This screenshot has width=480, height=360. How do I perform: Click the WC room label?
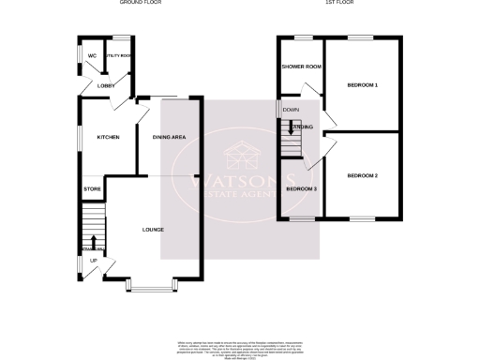92,55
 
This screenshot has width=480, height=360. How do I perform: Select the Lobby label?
105,85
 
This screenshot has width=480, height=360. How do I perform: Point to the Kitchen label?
108,138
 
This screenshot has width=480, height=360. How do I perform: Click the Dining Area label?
170,138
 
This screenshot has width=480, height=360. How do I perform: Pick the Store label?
92,189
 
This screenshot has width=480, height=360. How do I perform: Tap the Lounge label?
153,230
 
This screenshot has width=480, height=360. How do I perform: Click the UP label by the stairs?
93,261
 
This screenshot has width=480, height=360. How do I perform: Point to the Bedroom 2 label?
362,176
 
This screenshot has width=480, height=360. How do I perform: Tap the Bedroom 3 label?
301,189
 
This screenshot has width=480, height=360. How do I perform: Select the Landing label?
302,127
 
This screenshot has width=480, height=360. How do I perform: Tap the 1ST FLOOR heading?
337,3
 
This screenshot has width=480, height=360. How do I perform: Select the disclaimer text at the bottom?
240,348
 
